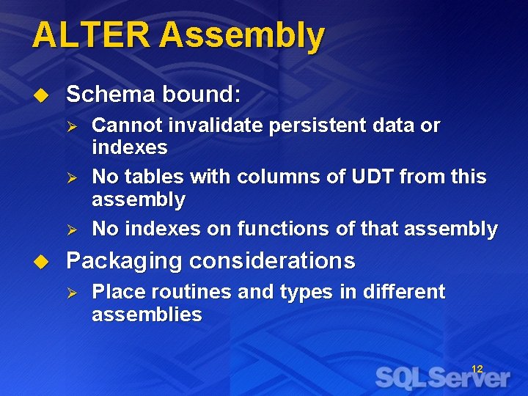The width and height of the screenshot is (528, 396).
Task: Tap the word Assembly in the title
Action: [x=242, y=37]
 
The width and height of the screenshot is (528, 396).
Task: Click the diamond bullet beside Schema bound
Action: [x=42, y=95]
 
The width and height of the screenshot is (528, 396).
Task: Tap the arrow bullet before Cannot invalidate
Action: [x=72, y=126]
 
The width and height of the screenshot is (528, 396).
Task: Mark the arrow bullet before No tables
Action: [x=72, y=177]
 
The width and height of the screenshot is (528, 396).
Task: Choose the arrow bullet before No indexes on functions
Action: [x=72, y=230]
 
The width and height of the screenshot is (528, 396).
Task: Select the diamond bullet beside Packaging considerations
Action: [x=42, y=261]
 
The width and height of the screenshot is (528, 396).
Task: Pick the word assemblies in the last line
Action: [x=147, y=315]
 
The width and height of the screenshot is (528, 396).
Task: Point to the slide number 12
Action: [x=477, y=369]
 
